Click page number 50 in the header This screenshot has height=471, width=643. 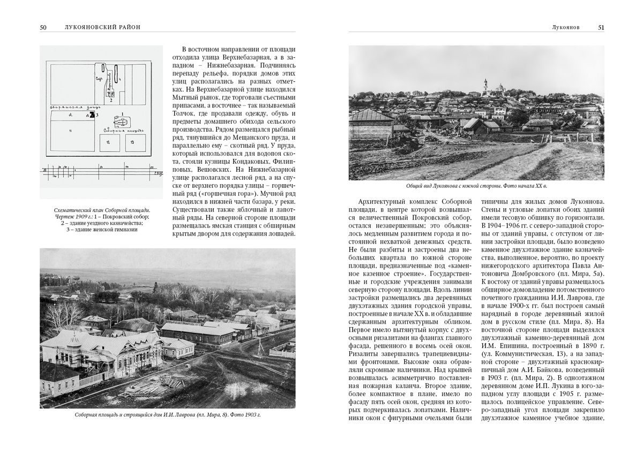click(x=43, y=27)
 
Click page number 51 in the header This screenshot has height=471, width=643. click(x=601, y=27)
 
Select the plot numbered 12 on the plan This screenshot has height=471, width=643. click(x=107, y=143)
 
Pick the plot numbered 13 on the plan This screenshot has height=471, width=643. click(x=132, y=143)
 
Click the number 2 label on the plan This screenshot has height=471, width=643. click(x=110, y=100)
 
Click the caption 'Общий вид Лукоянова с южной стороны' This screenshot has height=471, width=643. click(x=455, y=186)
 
